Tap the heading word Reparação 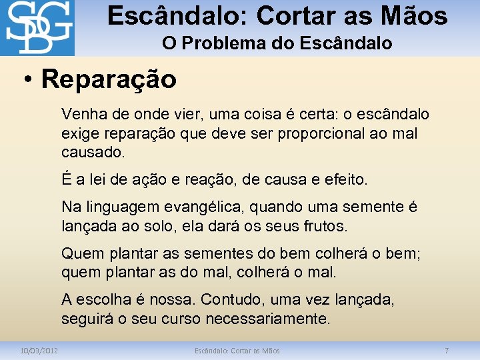[x=109, y=79]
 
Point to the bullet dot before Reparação [x=26, y=81]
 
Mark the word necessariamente [x=267, y=319]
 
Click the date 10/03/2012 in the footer [x=39, y=350]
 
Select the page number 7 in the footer [x=447, y=350]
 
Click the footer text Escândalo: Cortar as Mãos [x=237, y=350]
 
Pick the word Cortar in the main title [x=295, y=15]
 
